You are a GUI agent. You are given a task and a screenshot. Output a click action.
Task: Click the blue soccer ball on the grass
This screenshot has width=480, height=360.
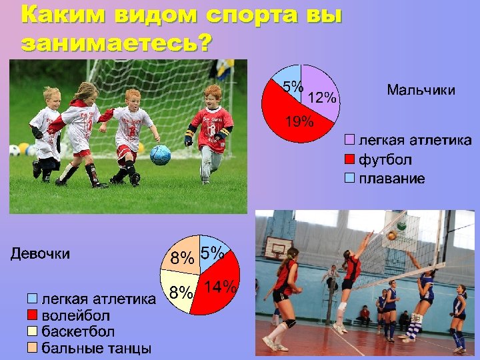(x=160, y=155)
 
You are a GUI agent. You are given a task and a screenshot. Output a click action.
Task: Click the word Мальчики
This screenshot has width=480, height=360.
(x=421, y=90)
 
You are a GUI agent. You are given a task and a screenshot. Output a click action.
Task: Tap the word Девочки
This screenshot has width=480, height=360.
(x=40, y=253)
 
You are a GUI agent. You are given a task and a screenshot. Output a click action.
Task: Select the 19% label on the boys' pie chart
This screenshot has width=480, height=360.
(x=299, y=121)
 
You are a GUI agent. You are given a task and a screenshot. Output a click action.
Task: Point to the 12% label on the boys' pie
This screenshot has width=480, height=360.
(x=323, y=98)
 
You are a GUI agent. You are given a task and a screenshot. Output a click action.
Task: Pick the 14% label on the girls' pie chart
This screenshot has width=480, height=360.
(x=220, y=287)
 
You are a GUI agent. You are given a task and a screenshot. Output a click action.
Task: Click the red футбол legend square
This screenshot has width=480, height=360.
(x=349, y=160)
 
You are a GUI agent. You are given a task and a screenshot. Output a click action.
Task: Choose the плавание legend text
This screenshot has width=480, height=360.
(x=392, y=179)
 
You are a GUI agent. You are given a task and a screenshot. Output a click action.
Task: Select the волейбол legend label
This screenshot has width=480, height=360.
(x=76, y=315)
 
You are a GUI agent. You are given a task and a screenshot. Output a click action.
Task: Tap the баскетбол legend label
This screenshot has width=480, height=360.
(x=78, y=331)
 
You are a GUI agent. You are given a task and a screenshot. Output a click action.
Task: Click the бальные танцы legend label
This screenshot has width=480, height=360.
(x=96, y=348)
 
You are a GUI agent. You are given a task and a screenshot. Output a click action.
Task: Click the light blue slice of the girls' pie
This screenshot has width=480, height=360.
(x=215, y=248)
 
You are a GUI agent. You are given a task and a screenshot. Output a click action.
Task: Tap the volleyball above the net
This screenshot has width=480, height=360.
(x=392, y=235)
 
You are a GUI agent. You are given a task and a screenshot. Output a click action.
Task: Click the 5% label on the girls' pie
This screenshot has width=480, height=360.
(x=212, y=253)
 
